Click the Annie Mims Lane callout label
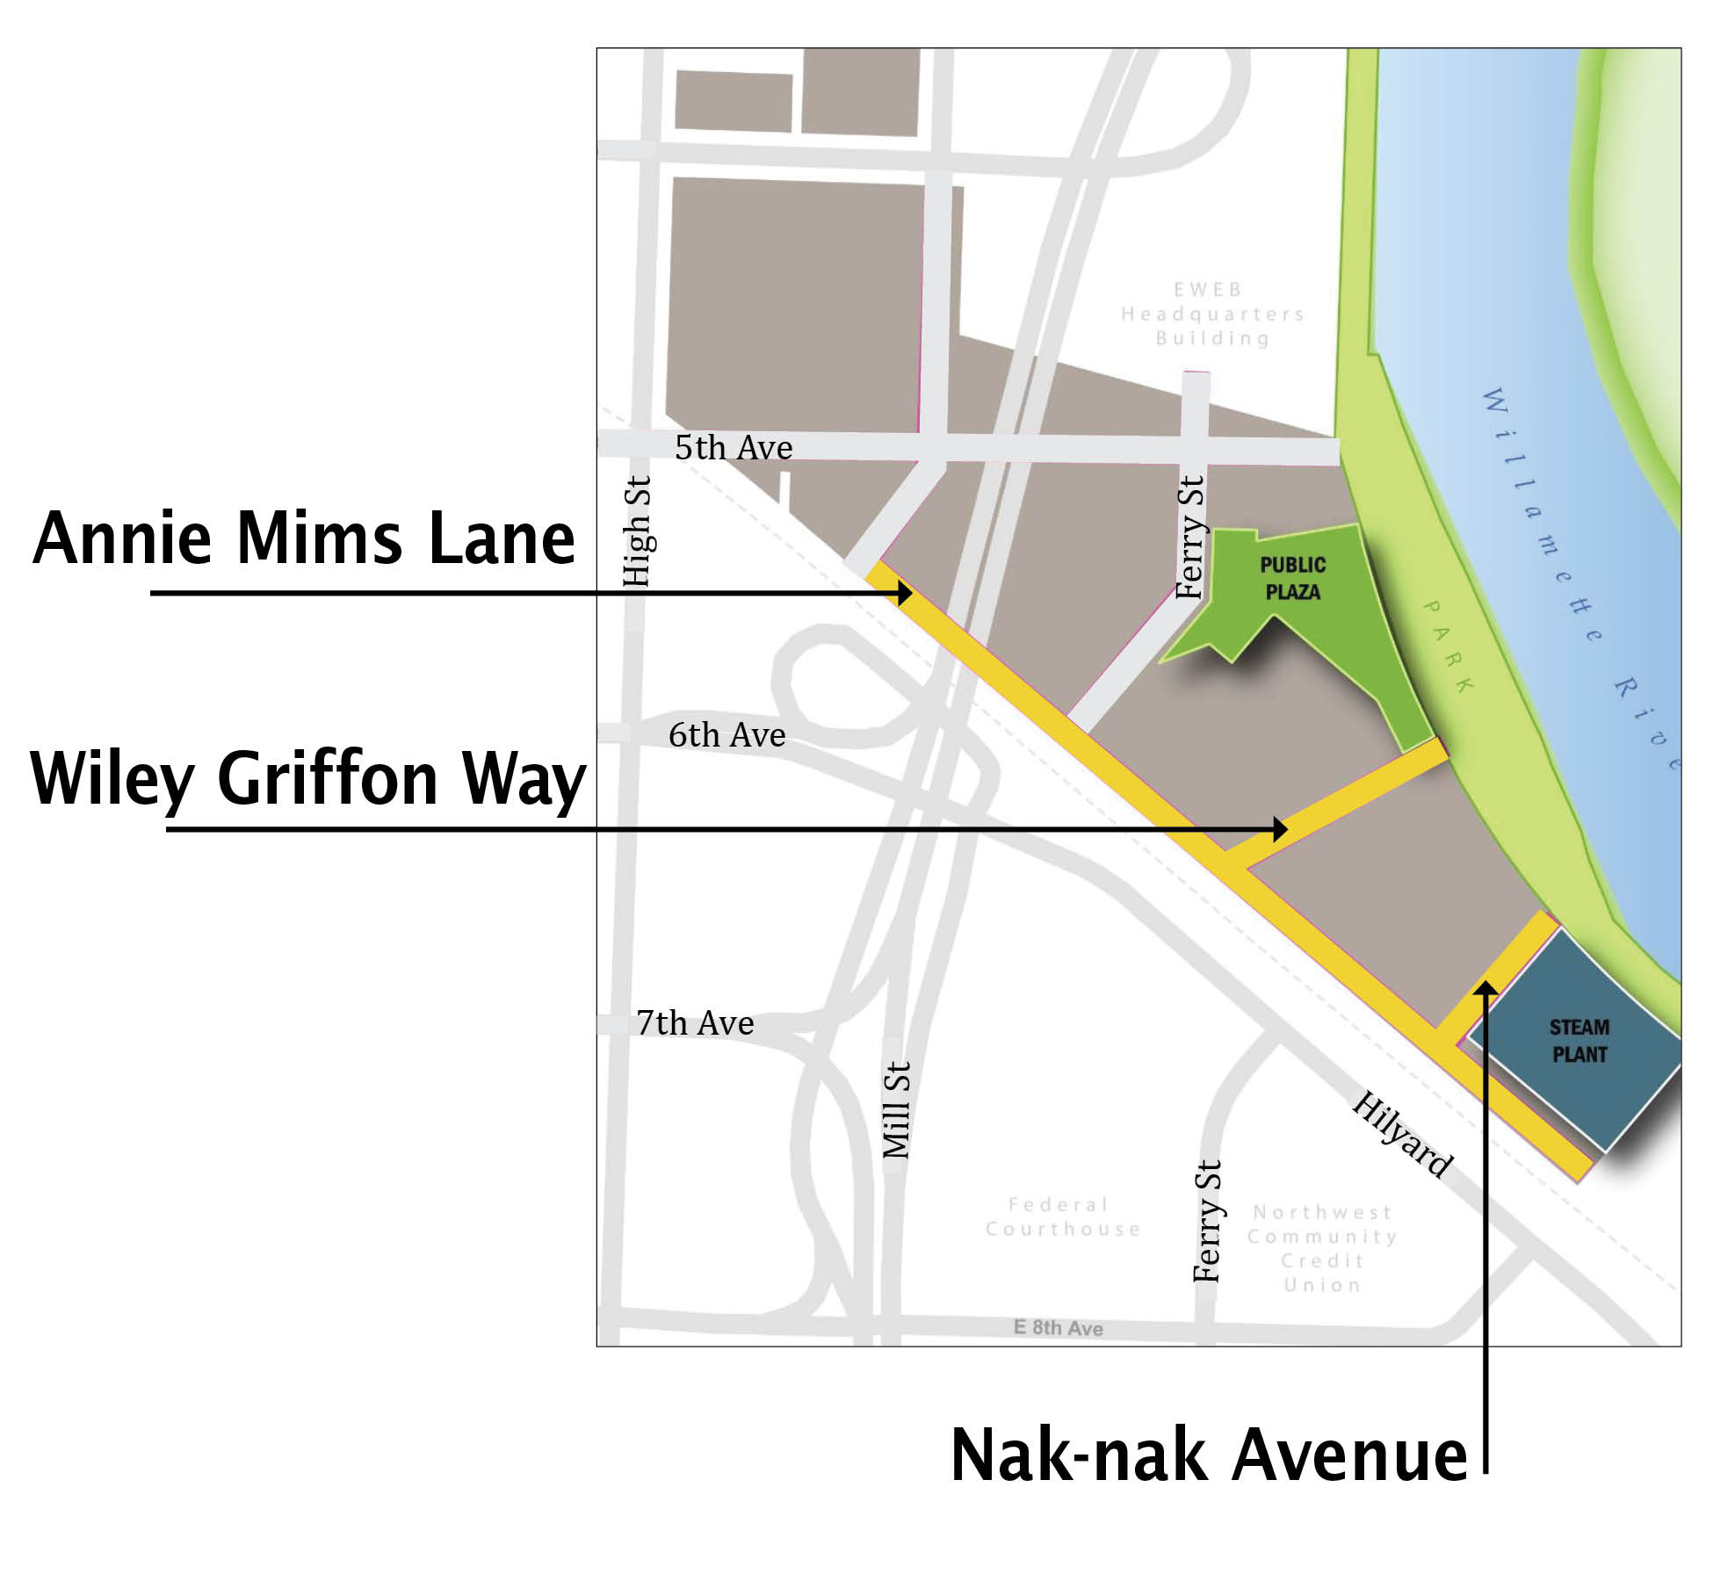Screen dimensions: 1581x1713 [x=304, y=538]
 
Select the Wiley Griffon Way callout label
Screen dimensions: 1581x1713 [x=307, y=778]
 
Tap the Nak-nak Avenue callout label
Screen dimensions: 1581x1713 [x=1209, y=1456]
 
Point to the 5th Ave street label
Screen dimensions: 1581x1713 [x=734, y=448]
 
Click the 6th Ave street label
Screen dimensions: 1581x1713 [x=726, y=735]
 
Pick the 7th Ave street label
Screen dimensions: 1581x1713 [x=695, y=1023]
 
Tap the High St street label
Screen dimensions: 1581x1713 [x=636, y=531]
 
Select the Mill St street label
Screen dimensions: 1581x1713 [x=896, y=1109]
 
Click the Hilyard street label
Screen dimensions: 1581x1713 [x=1402, y=1134]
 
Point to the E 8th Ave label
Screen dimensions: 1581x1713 [x=1058, y=1327]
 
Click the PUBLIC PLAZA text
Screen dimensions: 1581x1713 [x=1292, y=578]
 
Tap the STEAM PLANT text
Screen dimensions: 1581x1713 [x=1579, y=1041]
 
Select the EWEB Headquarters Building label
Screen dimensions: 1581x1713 [x=1212, y=314]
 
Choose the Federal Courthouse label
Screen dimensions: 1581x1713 [x=1062, y=1216]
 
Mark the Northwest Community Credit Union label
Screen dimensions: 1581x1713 [x=1322, y=1248]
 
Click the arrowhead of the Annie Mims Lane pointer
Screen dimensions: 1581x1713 [x=905, y=594]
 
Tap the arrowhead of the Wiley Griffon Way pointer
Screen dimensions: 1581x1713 [x=1281, y=828]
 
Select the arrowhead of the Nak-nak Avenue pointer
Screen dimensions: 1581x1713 [x=1485, y=990]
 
